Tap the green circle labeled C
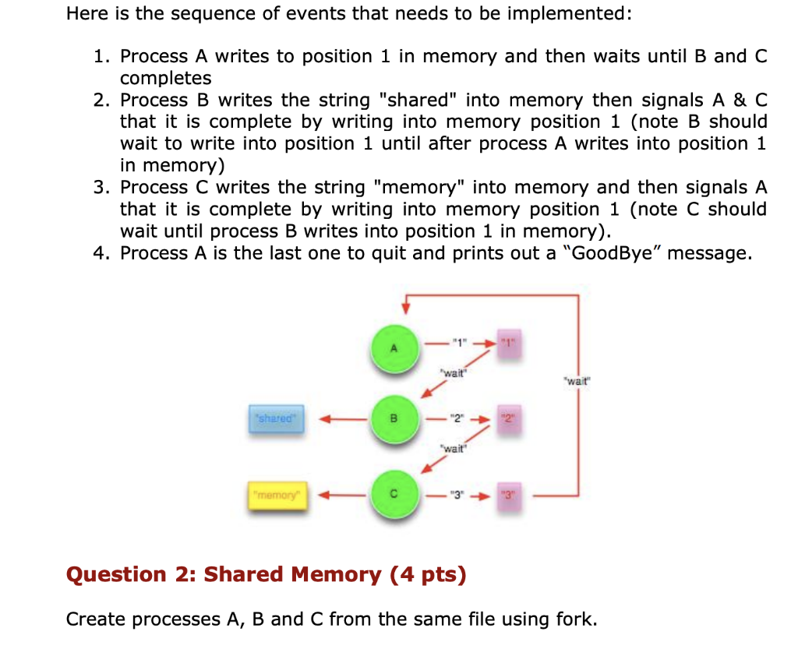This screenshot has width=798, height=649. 394,493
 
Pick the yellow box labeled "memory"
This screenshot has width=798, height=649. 277,493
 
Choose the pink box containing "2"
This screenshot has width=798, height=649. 507,419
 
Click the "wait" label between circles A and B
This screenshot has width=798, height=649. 453,372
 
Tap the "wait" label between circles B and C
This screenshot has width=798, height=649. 453,448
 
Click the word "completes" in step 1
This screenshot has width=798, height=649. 165,79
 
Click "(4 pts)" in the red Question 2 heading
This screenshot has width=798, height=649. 428,575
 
